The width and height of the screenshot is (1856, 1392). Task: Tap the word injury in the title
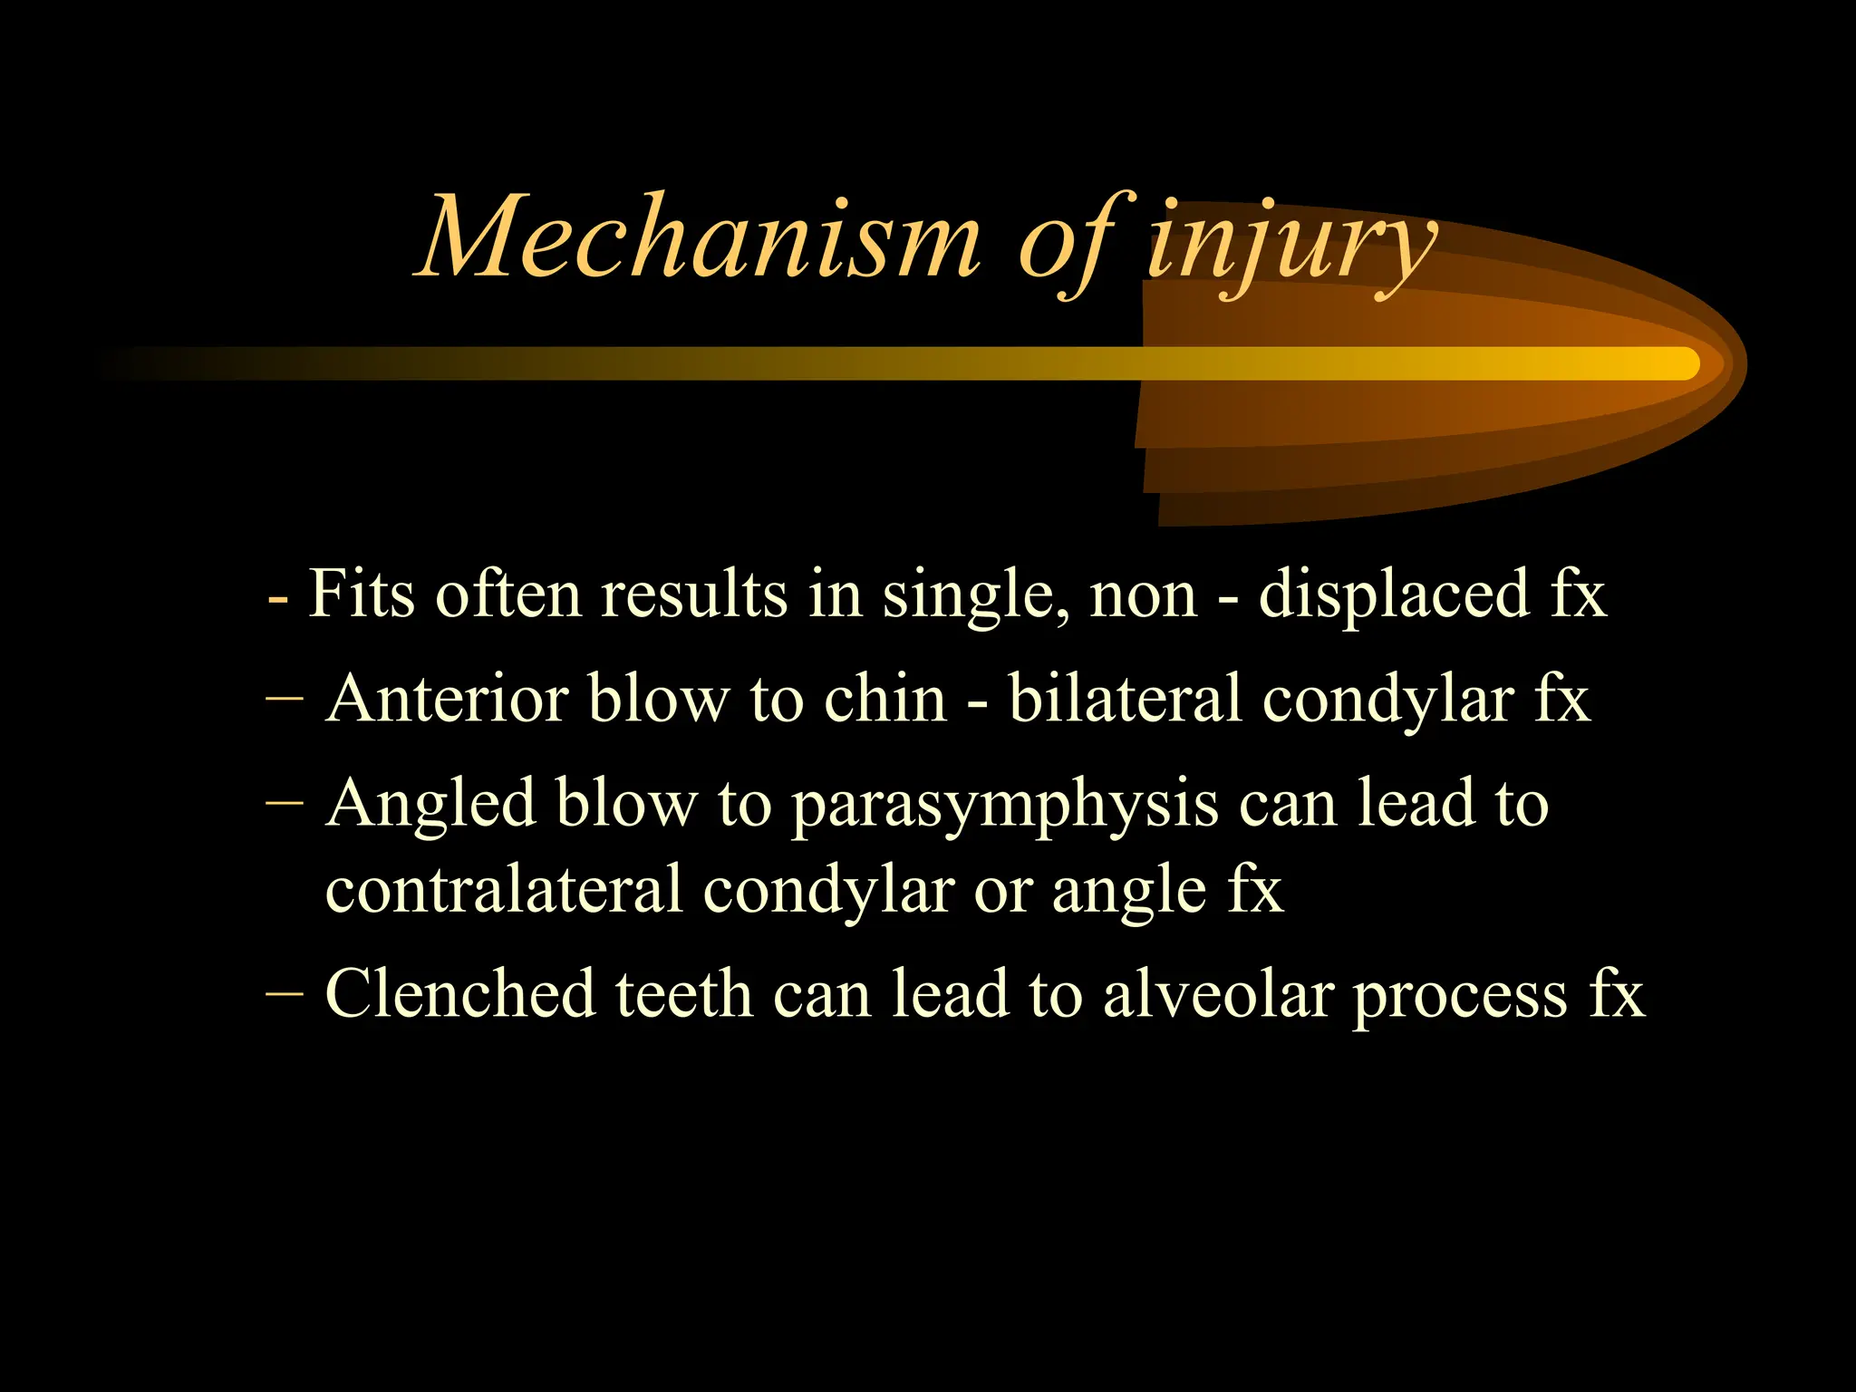pos(1290,245)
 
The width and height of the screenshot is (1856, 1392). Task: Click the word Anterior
pos(446,700)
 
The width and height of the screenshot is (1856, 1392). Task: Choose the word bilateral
pos(1125,700)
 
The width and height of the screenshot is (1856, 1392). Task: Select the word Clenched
pos(459,994)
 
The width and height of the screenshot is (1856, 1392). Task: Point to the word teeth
pos(684,994)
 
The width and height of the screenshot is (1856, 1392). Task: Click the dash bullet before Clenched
pos(285,994)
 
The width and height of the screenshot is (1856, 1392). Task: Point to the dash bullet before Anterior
pos(285,700)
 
